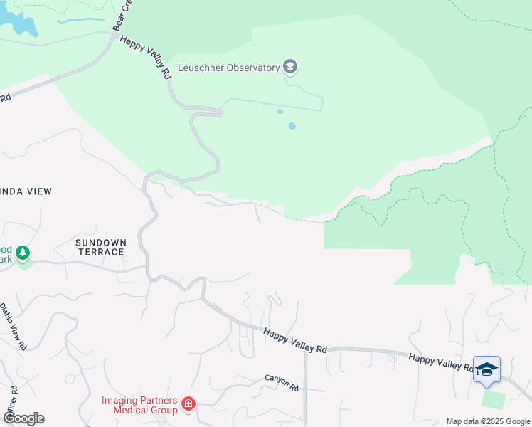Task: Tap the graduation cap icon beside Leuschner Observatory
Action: (x=289, y=68)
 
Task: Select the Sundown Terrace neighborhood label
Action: (x=100, y=247)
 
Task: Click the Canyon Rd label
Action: (x=282, y=383)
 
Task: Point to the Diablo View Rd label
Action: (x=14, y=327)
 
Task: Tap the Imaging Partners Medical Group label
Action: (x=139, y=405)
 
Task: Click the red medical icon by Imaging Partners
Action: (x=188, y=404)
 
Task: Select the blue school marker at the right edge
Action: (x=486, y=369)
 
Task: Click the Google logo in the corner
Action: (x=23, y=418)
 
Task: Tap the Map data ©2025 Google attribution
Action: (x=488, y=421)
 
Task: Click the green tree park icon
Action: (x=23, y=253)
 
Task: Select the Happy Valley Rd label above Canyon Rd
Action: (x=294, y=340)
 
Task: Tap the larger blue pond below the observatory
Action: (x=292, y=126)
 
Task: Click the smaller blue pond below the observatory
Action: (x=280, y=112)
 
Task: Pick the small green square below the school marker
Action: (x=493, y=399)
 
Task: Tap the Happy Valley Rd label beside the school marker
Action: (x=441, y=362)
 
